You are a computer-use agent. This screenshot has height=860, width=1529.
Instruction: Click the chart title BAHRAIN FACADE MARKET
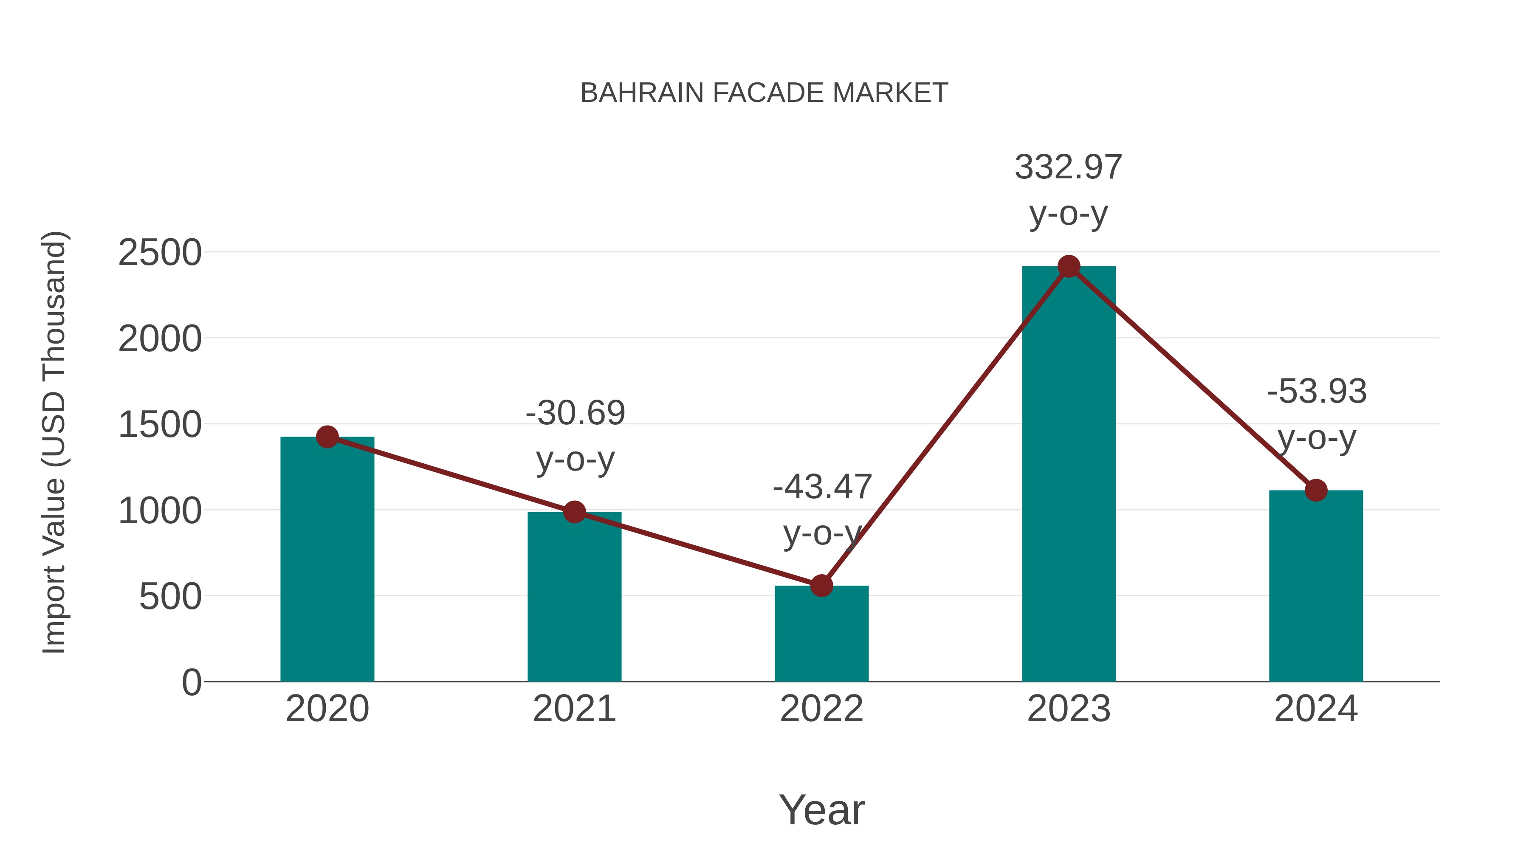tap(764, 93)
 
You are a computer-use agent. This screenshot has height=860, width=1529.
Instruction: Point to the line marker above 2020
tap(327, 437)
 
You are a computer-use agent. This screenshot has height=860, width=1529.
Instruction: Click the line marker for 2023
tap(1069, 266)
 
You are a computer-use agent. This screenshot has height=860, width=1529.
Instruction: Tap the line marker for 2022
tap(821, 586)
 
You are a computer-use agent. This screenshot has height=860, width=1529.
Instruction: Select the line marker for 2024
tap(1315, 490)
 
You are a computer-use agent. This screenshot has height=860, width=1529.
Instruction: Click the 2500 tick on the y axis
tap(160, 253)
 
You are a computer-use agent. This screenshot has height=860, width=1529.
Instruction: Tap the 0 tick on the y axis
tap(191, 682)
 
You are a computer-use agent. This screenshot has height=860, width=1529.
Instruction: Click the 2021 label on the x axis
tap(574, 709)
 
